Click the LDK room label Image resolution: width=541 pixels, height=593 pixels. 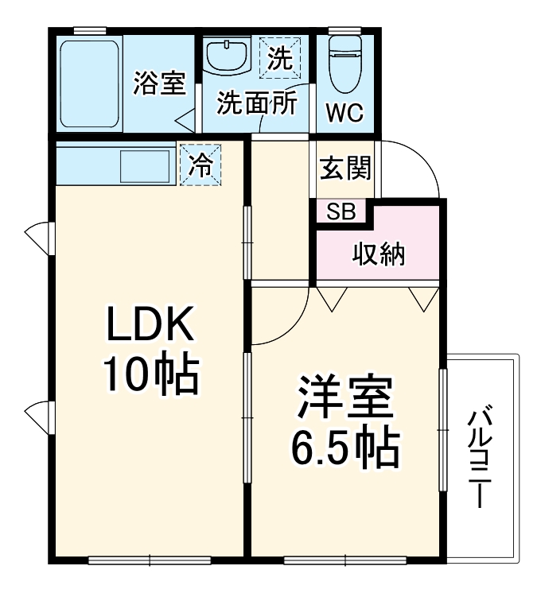pos(149,326)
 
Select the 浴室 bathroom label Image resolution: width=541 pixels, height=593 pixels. pos(159,83)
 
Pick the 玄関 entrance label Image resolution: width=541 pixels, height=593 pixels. pos(345,169)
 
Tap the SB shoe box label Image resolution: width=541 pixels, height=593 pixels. pos(341,211)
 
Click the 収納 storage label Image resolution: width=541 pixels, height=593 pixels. pos(379,255)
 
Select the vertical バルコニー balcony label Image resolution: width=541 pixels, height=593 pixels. pos(480,459)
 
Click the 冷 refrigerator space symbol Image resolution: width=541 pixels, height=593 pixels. pos(200,165)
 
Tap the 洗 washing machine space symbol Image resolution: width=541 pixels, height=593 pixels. pos(279,58)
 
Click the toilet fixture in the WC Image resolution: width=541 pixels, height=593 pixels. pos(345,66)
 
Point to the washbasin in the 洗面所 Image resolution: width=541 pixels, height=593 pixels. pos(226,57)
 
